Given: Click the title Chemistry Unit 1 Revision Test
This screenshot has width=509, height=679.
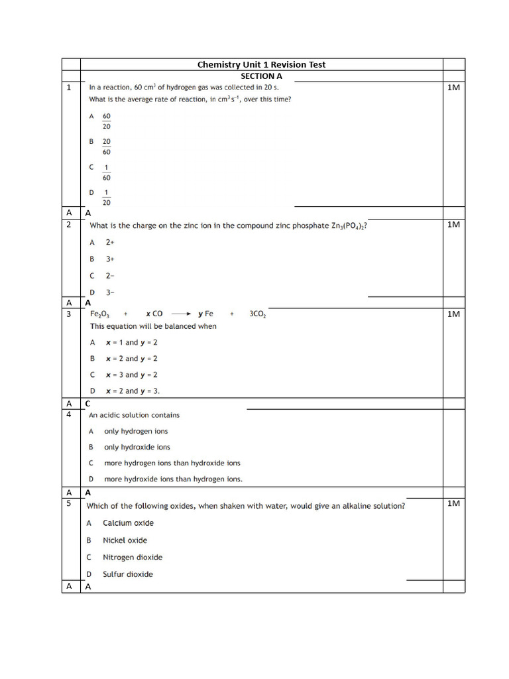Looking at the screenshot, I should [x=261, y=64].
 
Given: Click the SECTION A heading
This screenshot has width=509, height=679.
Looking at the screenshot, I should [x=261, y=76].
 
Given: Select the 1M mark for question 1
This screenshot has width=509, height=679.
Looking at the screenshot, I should [x=453, y=88].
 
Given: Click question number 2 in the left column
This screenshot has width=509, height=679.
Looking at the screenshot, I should [x=69, y=225].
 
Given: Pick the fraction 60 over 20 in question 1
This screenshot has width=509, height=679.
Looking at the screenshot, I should [x=106, y=121].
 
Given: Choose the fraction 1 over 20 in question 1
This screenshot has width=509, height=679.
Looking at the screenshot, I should [x=106, y=198].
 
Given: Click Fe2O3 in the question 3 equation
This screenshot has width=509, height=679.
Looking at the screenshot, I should [x=100, y=314].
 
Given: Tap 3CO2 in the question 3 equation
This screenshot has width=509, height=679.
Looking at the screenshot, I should [x=258, y=314].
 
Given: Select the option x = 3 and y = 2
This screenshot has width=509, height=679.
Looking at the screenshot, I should [x=131, y=375].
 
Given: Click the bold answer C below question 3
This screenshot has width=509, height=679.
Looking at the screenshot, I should [x=87, y=403].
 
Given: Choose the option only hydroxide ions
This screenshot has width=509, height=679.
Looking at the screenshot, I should [x=137, y=447].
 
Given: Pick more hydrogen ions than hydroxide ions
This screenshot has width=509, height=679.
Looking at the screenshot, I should [x=172, y=463].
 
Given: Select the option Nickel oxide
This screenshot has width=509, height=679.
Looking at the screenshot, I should [x=125, y=540].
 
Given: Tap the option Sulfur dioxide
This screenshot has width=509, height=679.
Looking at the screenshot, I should [x=127, y=574].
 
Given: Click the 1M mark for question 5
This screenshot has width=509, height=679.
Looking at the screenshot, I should [x=453, y=504].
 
